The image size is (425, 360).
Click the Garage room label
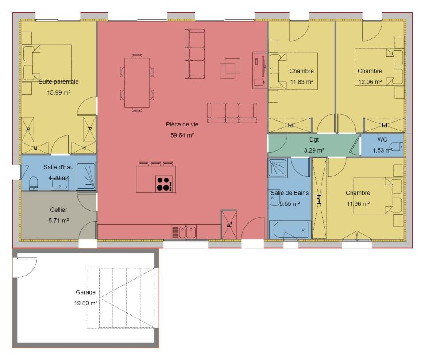click(85, 292)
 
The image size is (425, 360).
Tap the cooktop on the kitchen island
click(164, 184)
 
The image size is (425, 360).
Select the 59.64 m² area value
click(182, 135)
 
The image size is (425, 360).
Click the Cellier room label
click(58, 210)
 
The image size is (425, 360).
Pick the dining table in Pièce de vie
click(137, 83)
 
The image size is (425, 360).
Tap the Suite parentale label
click(58, 81)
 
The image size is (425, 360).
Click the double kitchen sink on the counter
click(187, 232)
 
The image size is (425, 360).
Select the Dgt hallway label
click(314, 140)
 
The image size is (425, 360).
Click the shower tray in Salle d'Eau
click(85, 176)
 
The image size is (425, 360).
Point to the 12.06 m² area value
click(370, 82)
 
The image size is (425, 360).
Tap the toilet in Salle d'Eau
click(33, 184)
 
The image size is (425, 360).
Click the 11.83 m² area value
click(301, 82)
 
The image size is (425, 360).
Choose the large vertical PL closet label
click(319, 198)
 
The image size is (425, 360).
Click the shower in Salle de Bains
click(278, 168)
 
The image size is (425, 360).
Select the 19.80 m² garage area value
click(85, 303)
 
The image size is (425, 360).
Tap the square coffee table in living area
click(230, 68)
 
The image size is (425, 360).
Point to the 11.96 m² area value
click(358, 204)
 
